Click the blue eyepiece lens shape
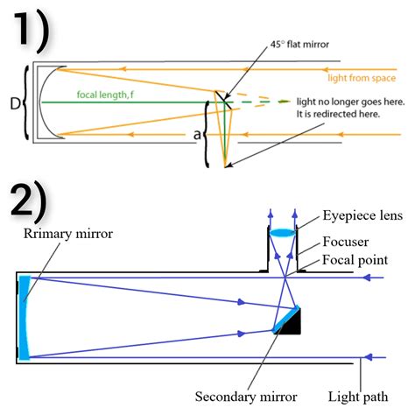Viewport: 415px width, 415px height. [x=282, y=232]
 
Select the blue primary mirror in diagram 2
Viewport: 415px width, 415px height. [x=24, y=317]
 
